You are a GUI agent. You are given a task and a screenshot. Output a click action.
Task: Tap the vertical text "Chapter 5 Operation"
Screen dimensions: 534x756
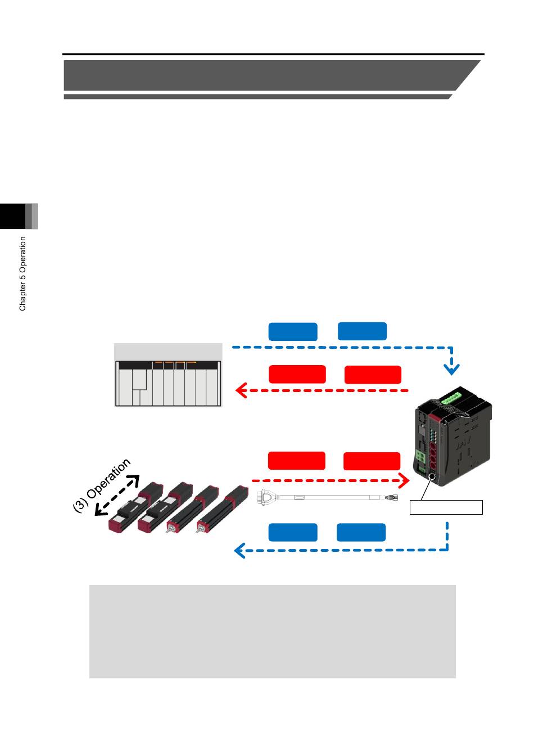pyautogui.click(x=22, y=273)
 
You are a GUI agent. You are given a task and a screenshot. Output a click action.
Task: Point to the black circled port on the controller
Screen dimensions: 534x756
pyautogui.click(x=432, y=476)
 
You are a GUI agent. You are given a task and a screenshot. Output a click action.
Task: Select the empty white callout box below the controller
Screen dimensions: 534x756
pyautogui.click(x=446, y=507)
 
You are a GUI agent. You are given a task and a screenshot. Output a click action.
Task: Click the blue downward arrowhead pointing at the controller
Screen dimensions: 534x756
pyautogui.click(x=451, y=369)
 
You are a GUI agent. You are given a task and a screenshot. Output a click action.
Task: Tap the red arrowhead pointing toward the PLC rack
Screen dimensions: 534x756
pyautogui.click(x=241, y=390)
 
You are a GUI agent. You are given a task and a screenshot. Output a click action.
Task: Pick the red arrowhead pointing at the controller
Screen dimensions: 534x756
pyautogui.click(x=404, y=480)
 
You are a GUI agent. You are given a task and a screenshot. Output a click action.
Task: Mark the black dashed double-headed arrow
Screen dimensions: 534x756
pyautogui.click(x=117, y=496)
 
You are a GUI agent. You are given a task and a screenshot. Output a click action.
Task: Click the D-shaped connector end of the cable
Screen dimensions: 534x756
pyautogui.click(x=265, y=497)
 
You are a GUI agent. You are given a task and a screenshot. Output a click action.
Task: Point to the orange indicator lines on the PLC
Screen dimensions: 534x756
pyautogui.click(x=175, y=363)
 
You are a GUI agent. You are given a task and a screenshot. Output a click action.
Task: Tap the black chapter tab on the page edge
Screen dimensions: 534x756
pyautogui.click(x=12, y=216)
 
